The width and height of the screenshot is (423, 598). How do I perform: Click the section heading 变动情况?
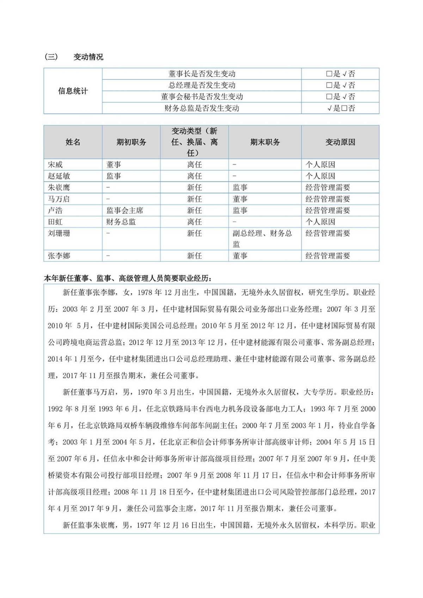(88, 57)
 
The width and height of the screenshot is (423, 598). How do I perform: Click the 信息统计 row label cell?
(73, 91)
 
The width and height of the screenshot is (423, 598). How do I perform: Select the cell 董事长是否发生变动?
(202, 74)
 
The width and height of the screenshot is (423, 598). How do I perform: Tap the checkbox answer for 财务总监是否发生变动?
(341, 108)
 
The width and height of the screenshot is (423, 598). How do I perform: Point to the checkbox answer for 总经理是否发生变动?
(341, 85)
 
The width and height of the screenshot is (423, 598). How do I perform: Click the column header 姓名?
(73, 142)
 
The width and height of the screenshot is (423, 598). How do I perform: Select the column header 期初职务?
(131, 142)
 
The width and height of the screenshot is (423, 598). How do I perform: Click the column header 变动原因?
(340, 142)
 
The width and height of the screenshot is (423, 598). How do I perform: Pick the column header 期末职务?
(265, 142)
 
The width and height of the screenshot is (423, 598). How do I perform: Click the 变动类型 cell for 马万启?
(194, 199)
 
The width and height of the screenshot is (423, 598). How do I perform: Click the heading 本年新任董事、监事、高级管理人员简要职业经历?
(128, 278)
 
